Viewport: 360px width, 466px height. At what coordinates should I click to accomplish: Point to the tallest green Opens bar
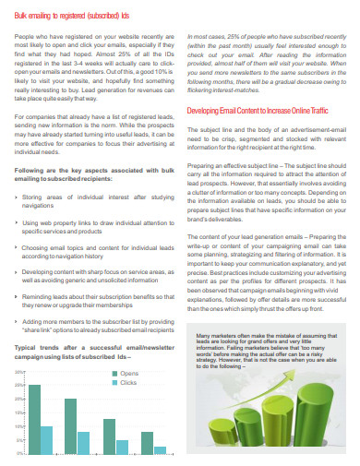pos(34,418)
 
